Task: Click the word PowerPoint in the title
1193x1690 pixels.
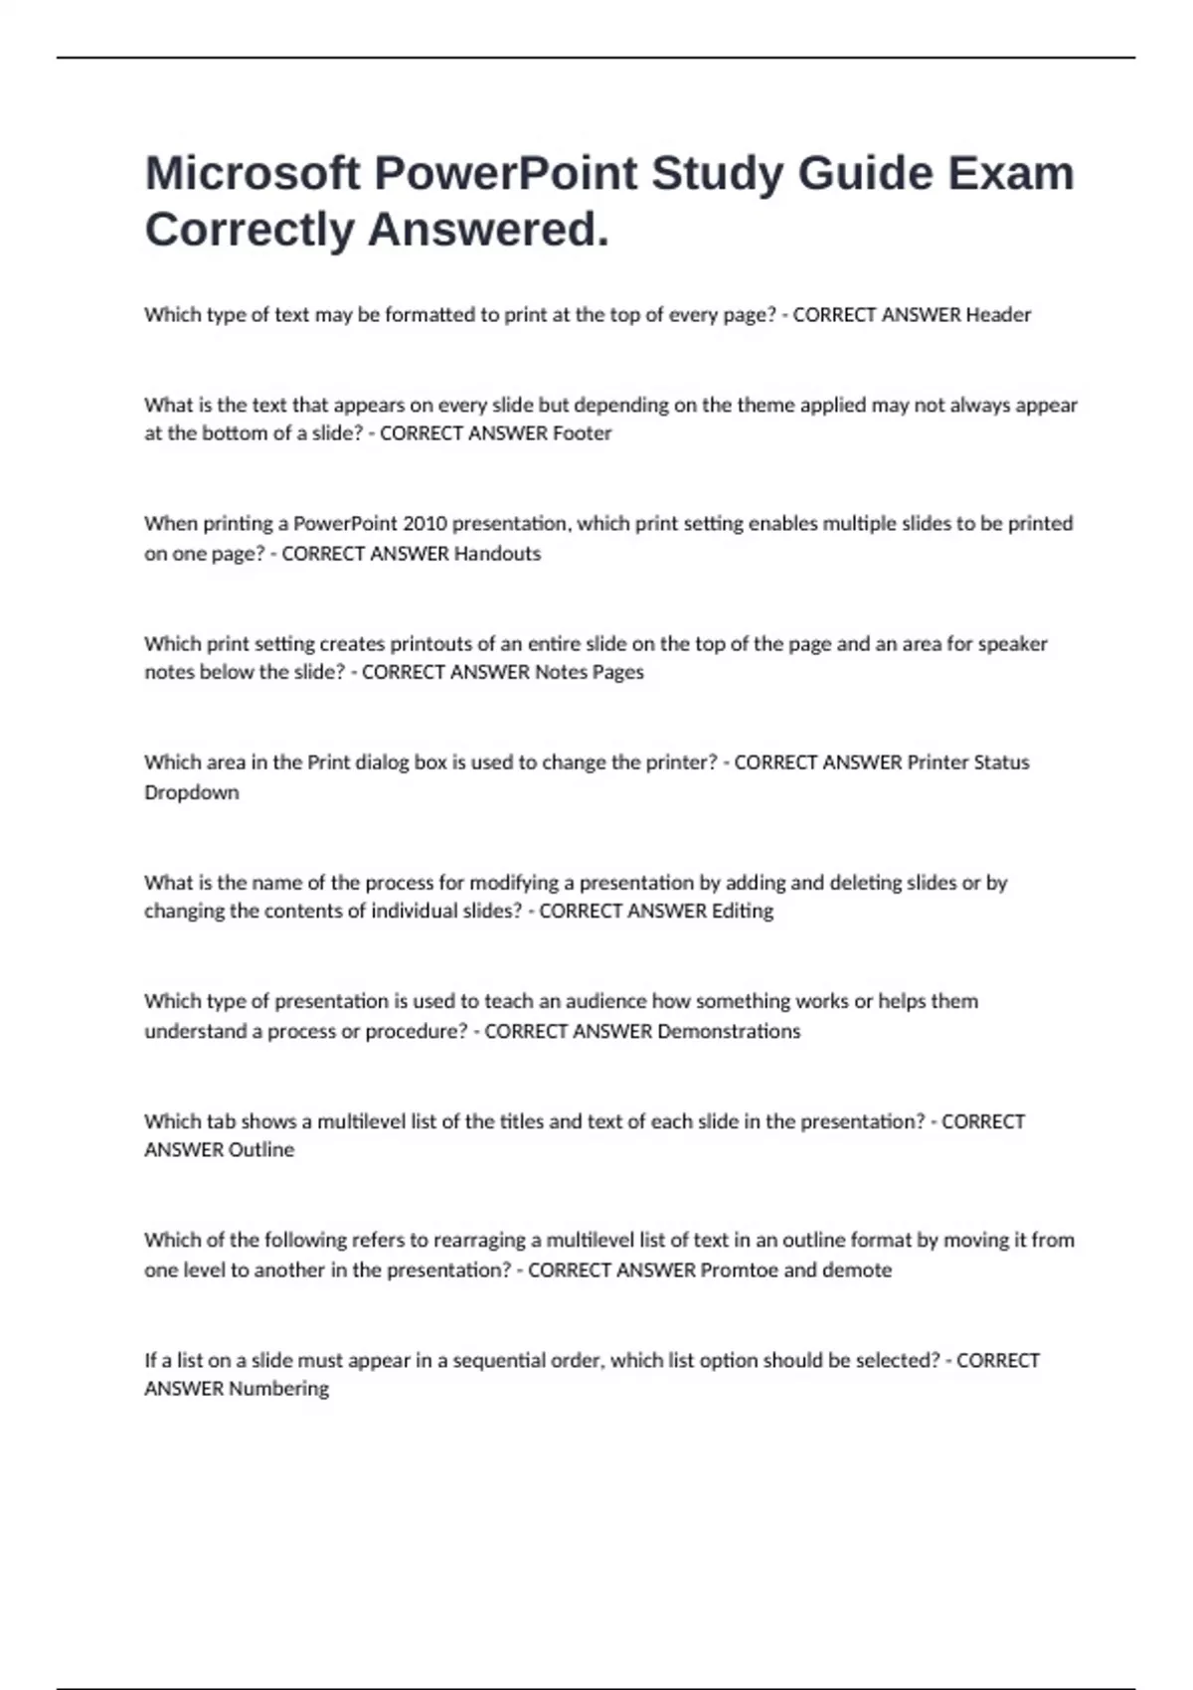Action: pos(505,173)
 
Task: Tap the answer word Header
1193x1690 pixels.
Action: pos(998,315)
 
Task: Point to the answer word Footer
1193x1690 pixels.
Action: pos(582,433)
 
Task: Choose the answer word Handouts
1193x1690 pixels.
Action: pos(497,554)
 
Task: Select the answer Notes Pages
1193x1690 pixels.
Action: pos(590,672)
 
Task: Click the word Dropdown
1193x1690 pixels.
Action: pos(192,792)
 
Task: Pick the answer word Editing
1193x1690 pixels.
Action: pos(742,911)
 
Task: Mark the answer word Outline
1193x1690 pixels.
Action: pos(261,1149)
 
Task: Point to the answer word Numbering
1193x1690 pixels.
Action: pos(278,1389)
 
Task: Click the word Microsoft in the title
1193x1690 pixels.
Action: pos(252,173)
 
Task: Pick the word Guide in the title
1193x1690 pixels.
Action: pos(864,173)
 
